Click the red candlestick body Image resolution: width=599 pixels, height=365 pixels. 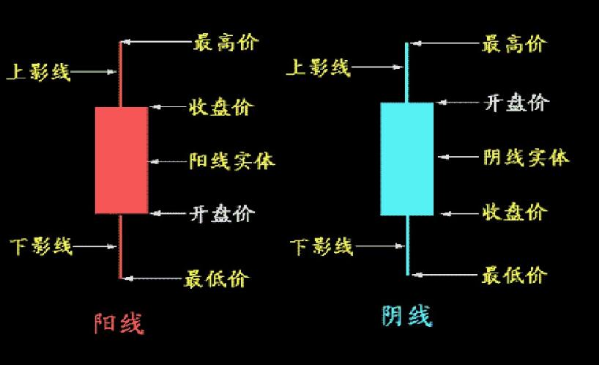122,160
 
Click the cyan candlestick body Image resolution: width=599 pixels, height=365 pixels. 407,158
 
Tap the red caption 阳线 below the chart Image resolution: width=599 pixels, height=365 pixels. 119,322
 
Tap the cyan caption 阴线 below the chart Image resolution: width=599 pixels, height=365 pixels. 406,315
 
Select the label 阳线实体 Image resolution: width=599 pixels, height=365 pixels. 232,161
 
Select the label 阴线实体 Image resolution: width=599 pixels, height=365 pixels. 526,156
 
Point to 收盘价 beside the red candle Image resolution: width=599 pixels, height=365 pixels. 221,107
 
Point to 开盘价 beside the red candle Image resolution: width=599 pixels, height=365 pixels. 222,213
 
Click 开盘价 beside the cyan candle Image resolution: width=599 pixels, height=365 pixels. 516,102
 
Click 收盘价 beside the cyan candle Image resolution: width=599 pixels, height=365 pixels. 515,213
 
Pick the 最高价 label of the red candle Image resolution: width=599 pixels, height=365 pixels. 226,43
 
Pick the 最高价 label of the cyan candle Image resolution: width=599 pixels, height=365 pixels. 514,44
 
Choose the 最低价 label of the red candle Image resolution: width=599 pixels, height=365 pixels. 217,279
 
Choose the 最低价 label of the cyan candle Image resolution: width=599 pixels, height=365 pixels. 514,276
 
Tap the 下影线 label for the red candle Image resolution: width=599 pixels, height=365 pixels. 41,246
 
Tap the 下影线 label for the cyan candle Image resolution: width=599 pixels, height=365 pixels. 321,246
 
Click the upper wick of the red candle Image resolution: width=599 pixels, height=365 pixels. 121,73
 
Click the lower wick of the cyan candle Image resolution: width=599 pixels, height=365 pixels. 407,246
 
